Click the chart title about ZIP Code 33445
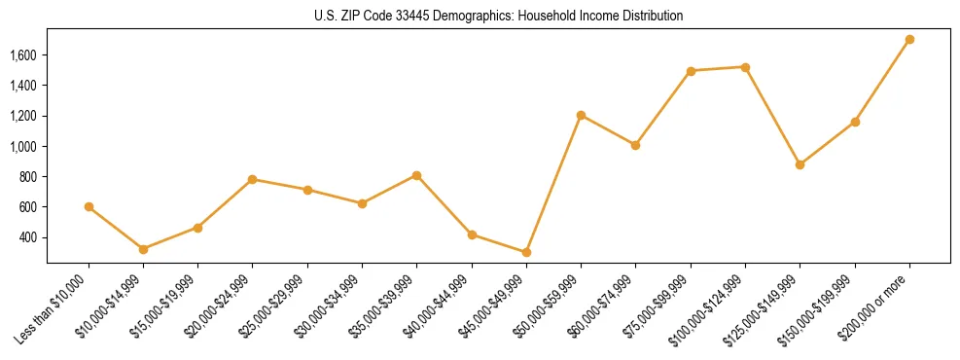(499, 16)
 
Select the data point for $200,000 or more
(909, 40)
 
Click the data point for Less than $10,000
(89, 206)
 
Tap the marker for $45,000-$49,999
(526, 252)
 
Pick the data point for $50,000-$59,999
(581, 115)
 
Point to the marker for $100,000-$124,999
(745, 67)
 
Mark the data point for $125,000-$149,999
(800, 164)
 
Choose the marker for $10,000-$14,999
(143, 249)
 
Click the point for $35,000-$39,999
(416, 175)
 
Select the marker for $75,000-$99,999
(691, 71)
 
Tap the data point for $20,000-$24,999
(252, 179)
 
